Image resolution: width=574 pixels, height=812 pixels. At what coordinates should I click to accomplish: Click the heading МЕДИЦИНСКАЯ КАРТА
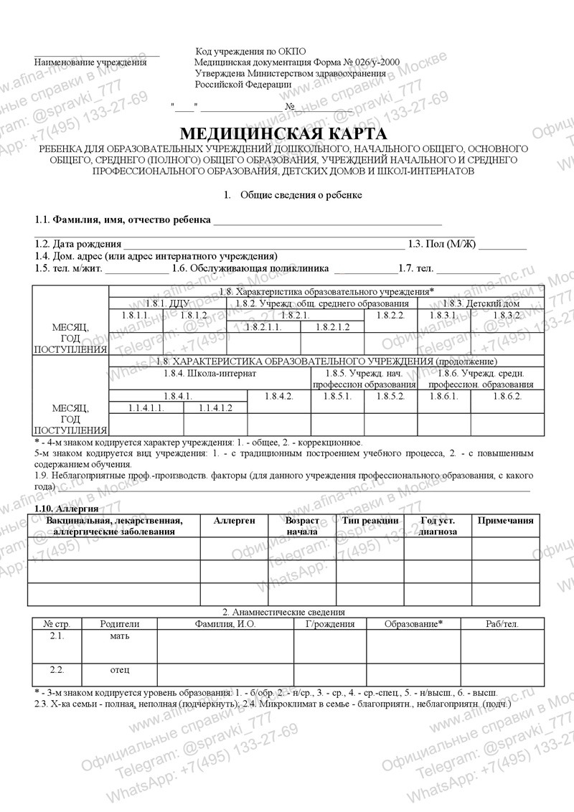coord(283,134)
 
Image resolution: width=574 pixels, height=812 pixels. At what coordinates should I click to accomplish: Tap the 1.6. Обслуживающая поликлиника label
coord(250,268)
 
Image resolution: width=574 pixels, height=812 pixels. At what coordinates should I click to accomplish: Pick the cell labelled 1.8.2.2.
coord(391,316)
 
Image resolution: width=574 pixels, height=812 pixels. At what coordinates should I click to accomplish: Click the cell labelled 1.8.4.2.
coord(278,396)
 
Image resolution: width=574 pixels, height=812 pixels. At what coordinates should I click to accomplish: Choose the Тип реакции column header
coord(370,521)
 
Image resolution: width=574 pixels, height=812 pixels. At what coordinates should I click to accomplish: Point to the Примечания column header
coord(504,521)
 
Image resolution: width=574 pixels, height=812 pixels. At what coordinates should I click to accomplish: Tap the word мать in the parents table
coord(120,636)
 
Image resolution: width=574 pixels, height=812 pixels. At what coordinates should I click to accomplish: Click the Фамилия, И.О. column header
coord(225,625)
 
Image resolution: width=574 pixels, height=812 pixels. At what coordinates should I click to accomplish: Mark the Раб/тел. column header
coord(502,625)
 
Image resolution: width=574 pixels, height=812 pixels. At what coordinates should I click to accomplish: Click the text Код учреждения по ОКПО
coord(250,52)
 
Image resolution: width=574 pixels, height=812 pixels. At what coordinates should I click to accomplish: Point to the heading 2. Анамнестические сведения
coord(284,612)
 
